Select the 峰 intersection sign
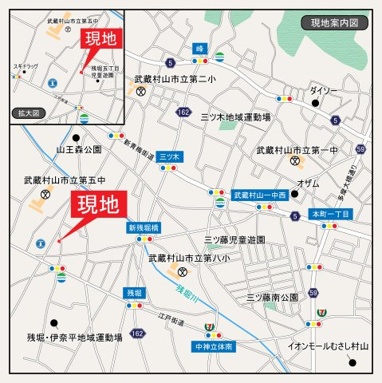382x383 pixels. [x=199, y=49]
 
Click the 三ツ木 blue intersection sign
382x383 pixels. [x=169, y=156]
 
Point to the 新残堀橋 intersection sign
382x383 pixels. [x=144, y=228]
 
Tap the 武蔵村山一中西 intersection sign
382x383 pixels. [x=259, y=195]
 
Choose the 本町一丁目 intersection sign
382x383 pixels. [x=329, y=214]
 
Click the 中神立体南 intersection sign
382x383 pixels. [x=213, y=347]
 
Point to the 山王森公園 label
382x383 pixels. [x=78, y=150]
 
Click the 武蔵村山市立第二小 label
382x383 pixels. [x=175, y=79]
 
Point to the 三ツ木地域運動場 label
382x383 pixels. [x=236, y=117]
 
